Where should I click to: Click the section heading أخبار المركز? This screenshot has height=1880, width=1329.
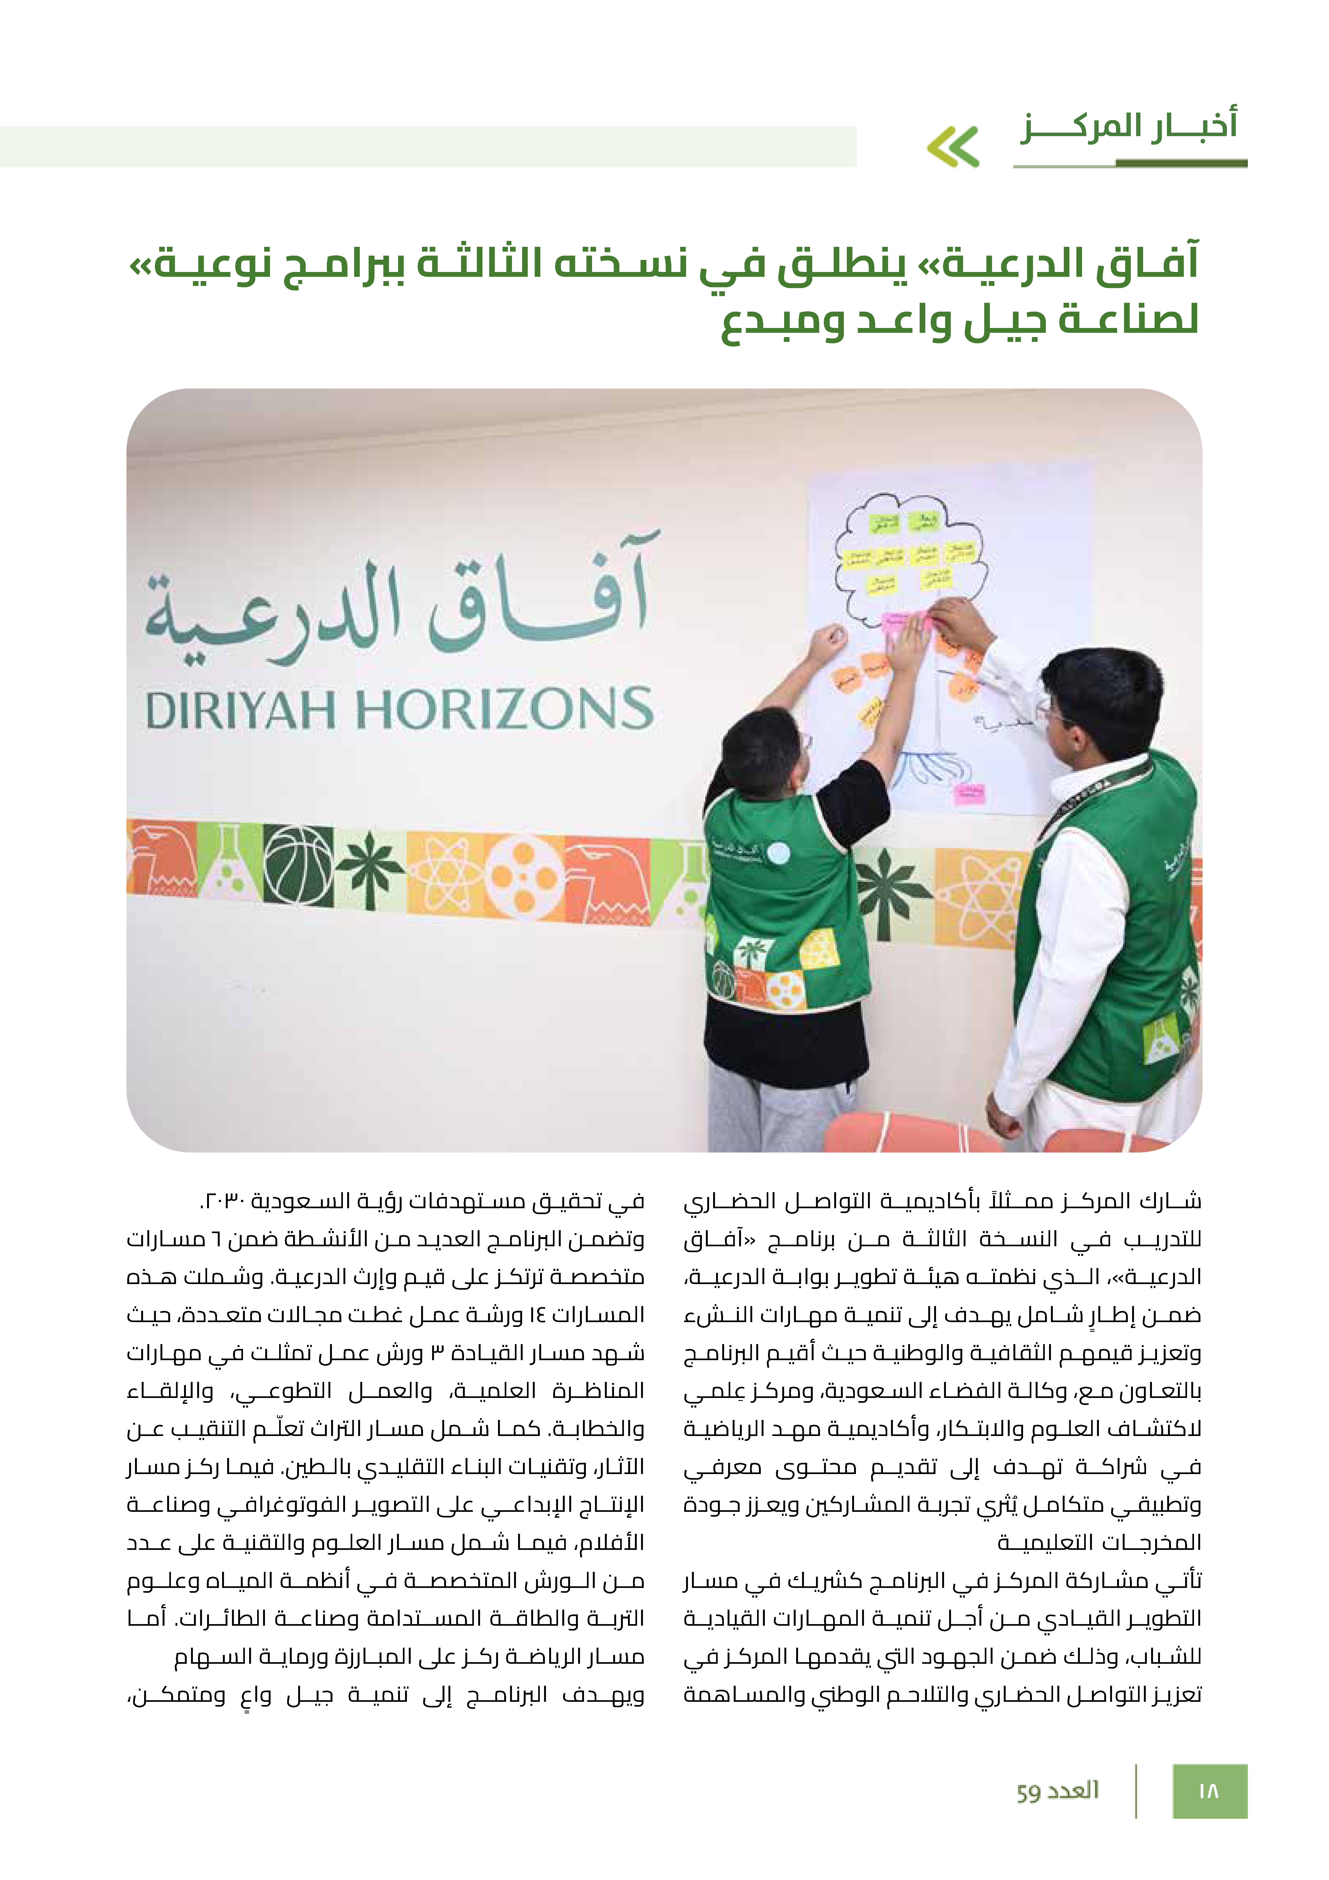coord(1128,127)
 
